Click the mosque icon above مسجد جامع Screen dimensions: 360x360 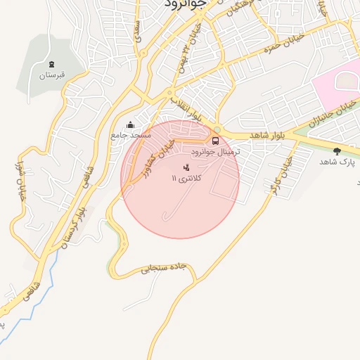tap(129, 124)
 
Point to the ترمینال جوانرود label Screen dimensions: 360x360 tap(215, 151)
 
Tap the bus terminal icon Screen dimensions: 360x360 tap(215, 140)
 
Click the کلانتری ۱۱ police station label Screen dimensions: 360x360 tap(186, 179)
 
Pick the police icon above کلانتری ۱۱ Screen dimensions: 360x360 tap(186, 168)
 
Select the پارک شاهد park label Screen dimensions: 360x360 tap(337, 162)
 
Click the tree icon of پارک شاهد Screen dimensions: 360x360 tap(337, 151)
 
